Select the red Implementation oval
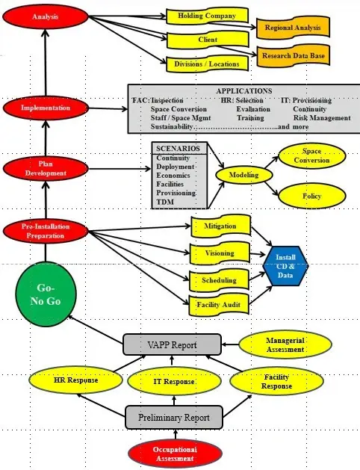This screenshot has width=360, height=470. tap(45, 108)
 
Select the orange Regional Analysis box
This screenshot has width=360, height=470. tap(291, 28)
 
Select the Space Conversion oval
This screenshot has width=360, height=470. tap(311, 156)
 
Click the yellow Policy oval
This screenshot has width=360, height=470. tap(311, 196)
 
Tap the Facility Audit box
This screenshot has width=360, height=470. tap(217, 305)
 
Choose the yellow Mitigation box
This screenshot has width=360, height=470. tap(219, 226)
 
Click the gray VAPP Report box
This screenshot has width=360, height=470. tap(172, 344)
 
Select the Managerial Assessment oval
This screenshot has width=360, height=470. tap(285, 344)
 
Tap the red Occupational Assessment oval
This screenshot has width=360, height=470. tap(173, 454)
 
